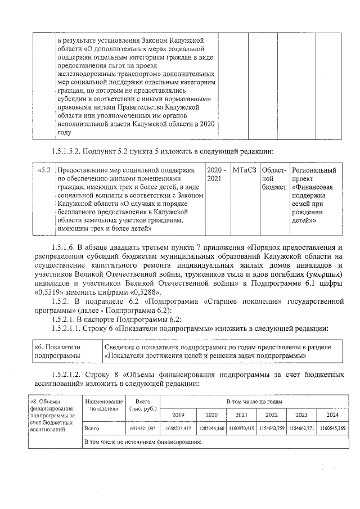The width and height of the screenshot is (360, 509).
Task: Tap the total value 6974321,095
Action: click(x=143, y=429)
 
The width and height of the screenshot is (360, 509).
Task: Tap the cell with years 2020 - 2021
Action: click(x=217, y=174)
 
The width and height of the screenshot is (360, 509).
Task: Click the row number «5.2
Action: click(x=44, y=170)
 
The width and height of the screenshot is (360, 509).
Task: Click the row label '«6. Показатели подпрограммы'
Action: click(x=57, y=352)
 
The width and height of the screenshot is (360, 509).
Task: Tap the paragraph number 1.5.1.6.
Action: click(x=66, y=247)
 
